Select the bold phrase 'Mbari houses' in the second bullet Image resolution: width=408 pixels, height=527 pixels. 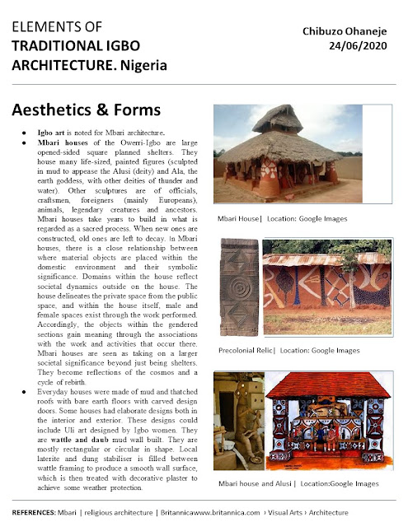(62, 143)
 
